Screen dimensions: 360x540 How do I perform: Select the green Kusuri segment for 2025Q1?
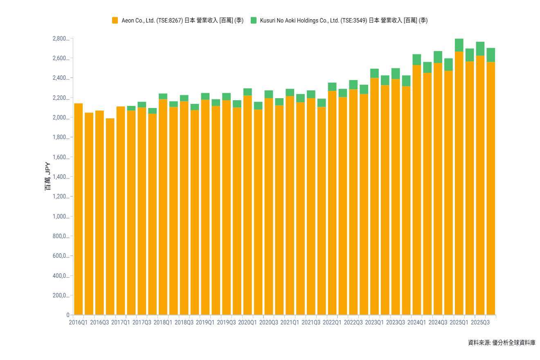[459, 45]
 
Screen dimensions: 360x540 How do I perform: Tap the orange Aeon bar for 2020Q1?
[248, 205]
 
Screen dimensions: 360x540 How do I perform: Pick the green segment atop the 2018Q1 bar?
[163, 96]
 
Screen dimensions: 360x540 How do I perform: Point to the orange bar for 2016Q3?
[99, 213]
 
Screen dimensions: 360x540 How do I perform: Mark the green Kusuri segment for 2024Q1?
[416, 59]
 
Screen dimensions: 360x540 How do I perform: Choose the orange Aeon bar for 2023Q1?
[374, 196]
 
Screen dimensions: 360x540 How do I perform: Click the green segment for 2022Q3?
[353, 85]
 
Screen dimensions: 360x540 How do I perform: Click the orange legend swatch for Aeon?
[115, 20]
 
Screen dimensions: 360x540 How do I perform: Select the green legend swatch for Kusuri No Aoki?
[254, 20]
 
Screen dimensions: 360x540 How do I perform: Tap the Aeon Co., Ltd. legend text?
[182, 20]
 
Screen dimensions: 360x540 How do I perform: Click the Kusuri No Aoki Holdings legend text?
[344, 20]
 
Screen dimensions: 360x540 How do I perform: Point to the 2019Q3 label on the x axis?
[226, 322]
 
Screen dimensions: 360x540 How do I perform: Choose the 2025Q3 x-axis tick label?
[480, 322]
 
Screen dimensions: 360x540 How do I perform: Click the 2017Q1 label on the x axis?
[121, 322]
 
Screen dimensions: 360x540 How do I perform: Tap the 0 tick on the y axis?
[68, 315]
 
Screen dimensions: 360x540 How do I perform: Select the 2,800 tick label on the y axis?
[61, 38]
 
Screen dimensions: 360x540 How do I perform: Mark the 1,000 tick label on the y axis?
[61, 216]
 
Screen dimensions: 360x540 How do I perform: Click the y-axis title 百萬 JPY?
[48, 177]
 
